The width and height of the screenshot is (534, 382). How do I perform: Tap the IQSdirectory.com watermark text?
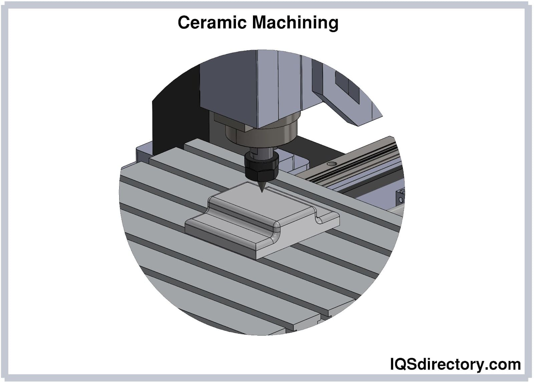point(455,364)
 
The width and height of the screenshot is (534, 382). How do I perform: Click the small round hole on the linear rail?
point(331,164)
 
